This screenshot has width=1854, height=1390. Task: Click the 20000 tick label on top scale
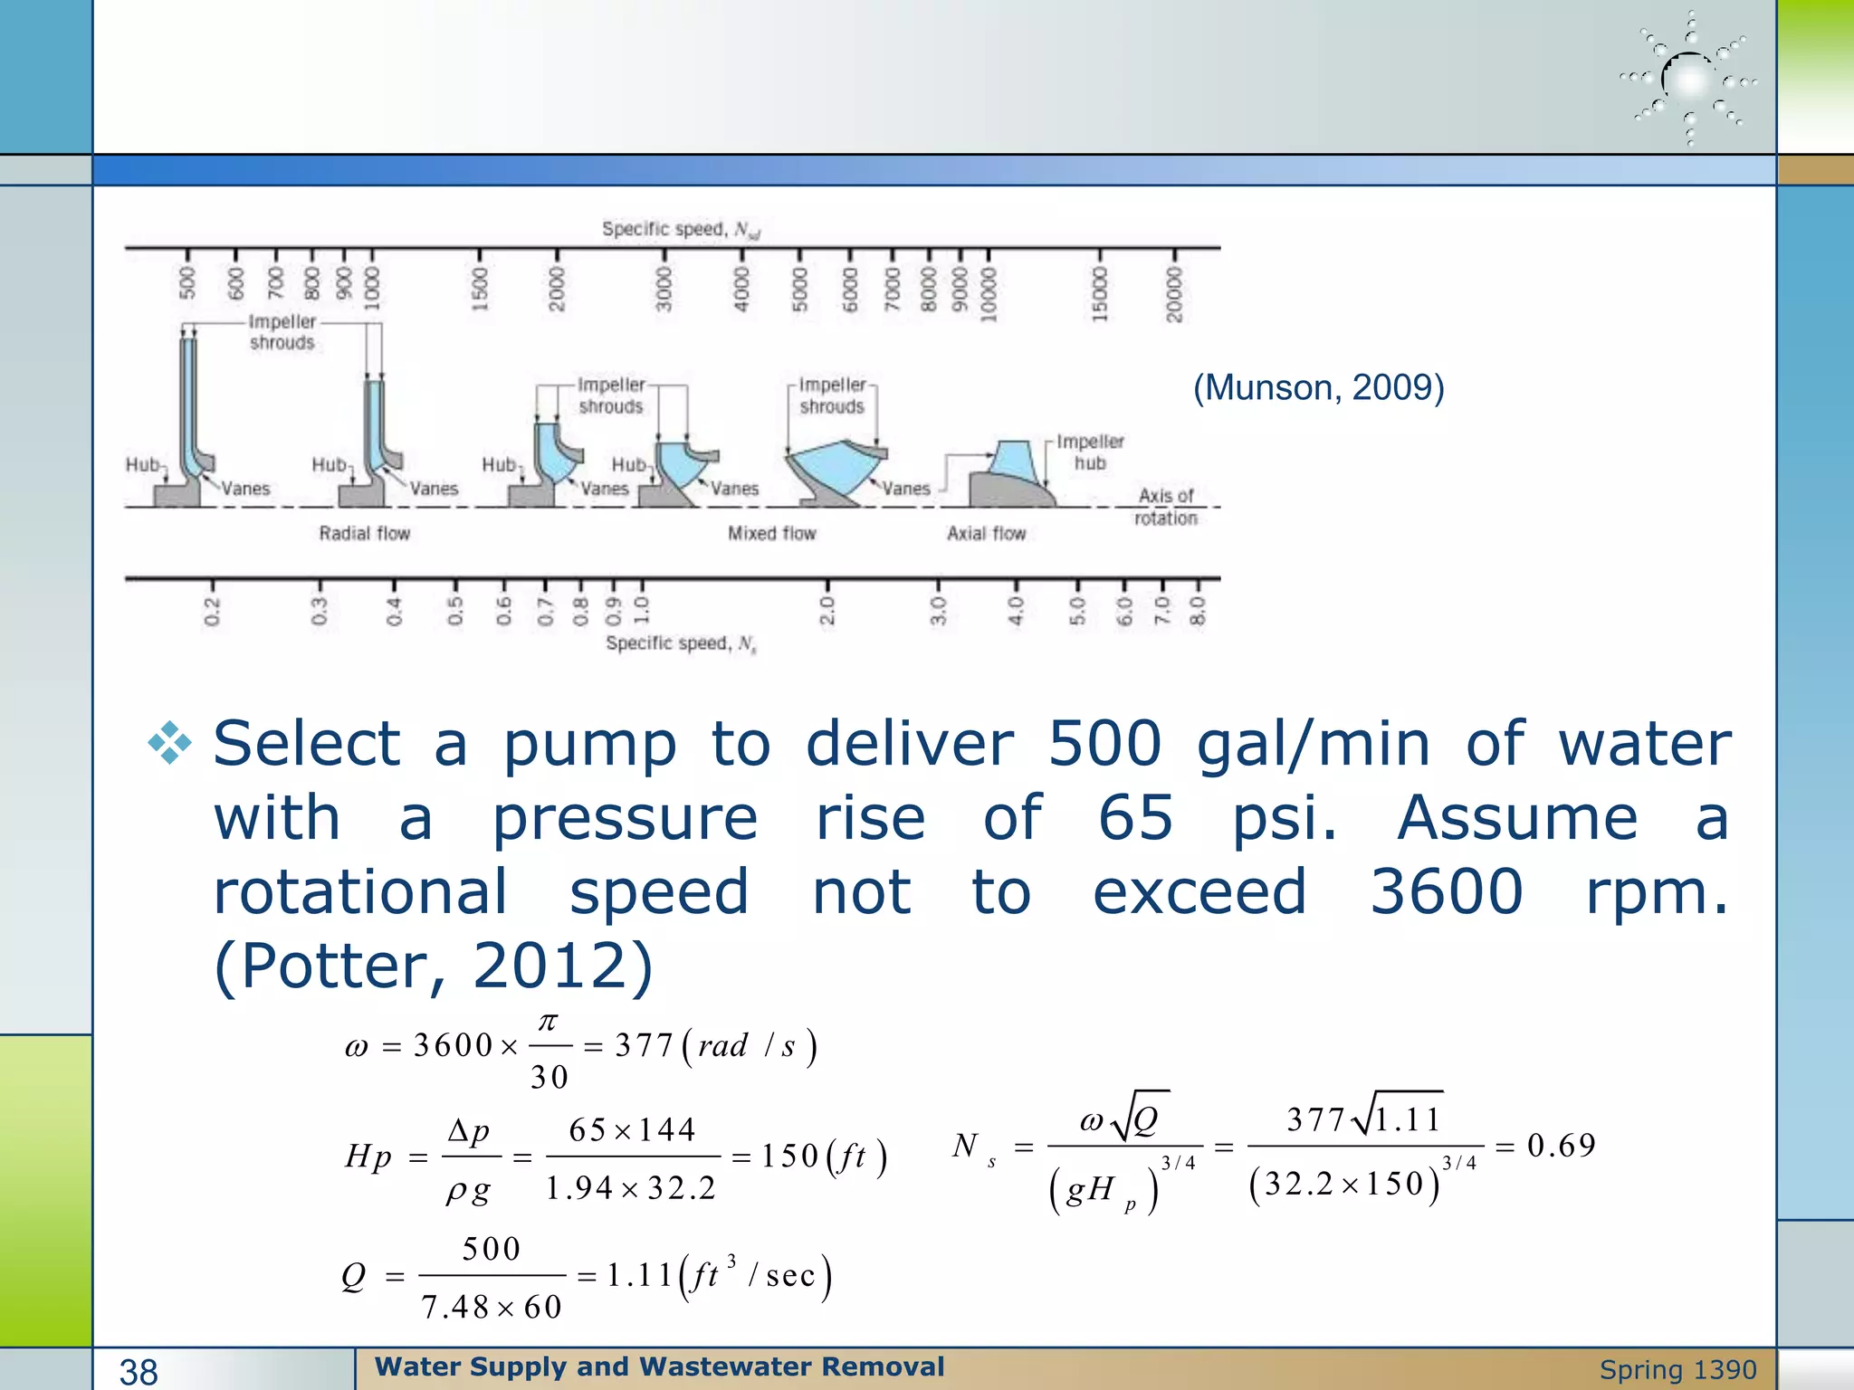[1175, 293]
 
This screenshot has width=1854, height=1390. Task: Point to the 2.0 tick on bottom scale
[827, 610]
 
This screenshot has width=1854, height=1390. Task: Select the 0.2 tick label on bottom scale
[212, 611]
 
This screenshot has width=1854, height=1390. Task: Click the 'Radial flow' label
[364, 533]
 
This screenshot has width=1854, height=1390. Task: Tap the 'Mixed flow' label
[771, 533]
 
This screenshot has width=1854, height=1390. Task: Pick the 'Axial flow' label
[986, 533]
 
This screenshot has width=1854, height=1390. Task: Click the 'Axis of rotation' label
[1166, 507]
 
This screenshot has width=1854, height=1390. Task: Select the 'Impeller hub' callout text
[1090, 452]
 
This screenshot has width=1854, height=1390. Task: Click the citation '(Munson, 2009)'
[1318, 387]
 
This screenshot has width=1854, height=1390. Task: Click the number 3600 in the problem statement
[1446, 891]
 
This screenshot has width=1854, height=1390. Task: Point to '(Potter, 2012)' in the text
[433, 966]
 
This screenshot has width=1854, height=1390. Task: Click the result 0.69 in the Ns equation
[1561, 1146]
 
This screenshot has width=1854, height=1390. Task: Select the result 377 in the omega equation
[644, 1045]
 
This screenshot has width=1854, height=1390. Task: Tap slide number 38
[139, 1372]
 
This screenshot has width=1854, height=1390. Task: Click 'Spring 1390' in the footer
[1677, 1369]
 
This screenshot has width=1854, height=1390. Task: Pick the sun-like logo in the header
[1689, 80]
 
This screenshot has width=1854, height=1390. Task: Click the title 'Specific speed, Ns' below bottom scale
[681, 643]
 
